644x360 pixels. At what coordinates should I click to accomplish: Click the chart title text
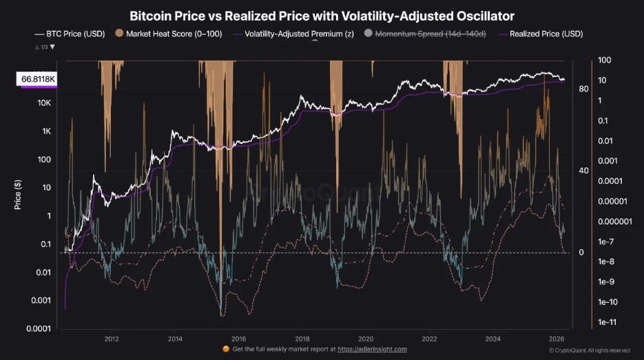click(x=322, y=14)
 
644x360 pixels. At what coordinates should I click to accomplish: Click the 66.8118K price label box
click(x=39, y=80)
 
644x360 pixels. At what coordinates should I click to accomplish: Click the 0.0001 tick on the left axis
click(x=38, y=328)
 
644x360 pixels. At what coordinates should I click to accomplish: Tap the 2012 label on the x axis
click(x=112, y=339)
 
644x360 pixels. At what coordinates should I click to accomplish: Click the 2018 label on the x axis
click(x=302, y=339)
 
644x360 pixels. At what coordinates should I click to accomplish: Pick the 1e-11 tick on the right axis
click(x=607, y=321)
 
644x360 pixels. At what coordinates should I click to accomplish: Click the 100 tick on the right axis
click(x=605, y=61)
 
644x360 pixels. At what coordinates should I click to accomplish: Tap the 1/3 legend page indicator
click(x=43, y=47)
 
